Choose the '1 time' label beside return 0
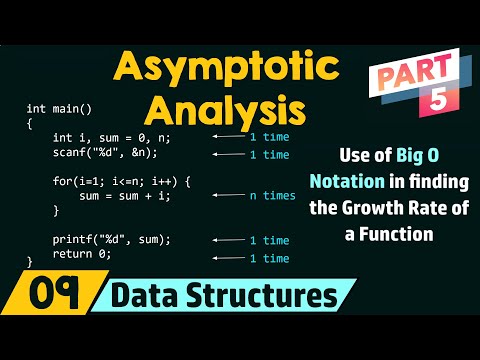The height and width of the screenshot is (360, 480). (269, 259)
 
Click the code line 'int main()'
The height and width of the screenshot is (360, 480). (59, 107)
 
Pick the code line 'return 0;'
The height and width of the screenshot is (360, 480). (82, 254)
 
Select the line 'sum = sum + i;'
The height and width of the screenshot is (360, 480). (112, 197)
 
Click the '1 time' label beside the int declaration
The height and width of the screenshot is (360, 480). (269, 136)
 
